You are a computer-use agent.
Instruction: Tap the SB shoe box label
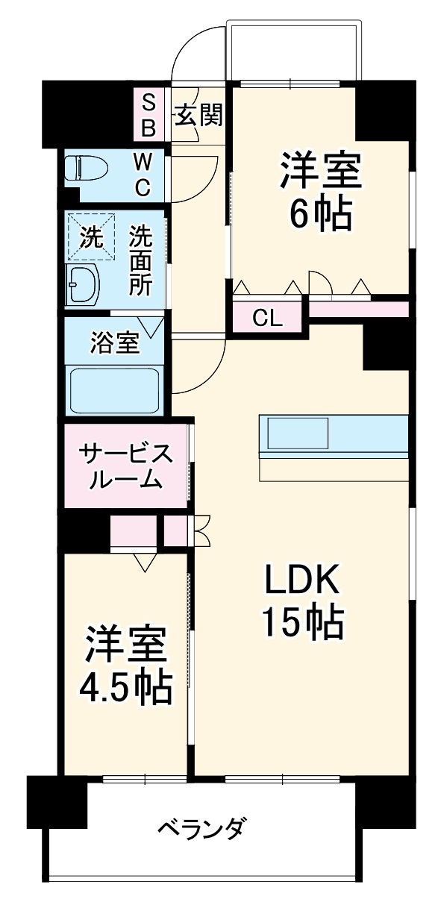(148, 114)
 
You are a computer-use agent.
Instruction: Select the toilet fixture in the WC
(84, 169)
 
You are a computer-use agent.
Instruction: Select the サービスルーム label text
(125, 466)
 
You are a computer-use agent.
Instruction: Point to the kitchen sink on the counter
(298, 433)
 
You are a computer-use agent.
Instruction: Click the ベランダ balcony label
(202, 828)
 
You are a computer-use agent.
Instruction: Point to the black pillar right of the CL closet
(385, 344)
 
